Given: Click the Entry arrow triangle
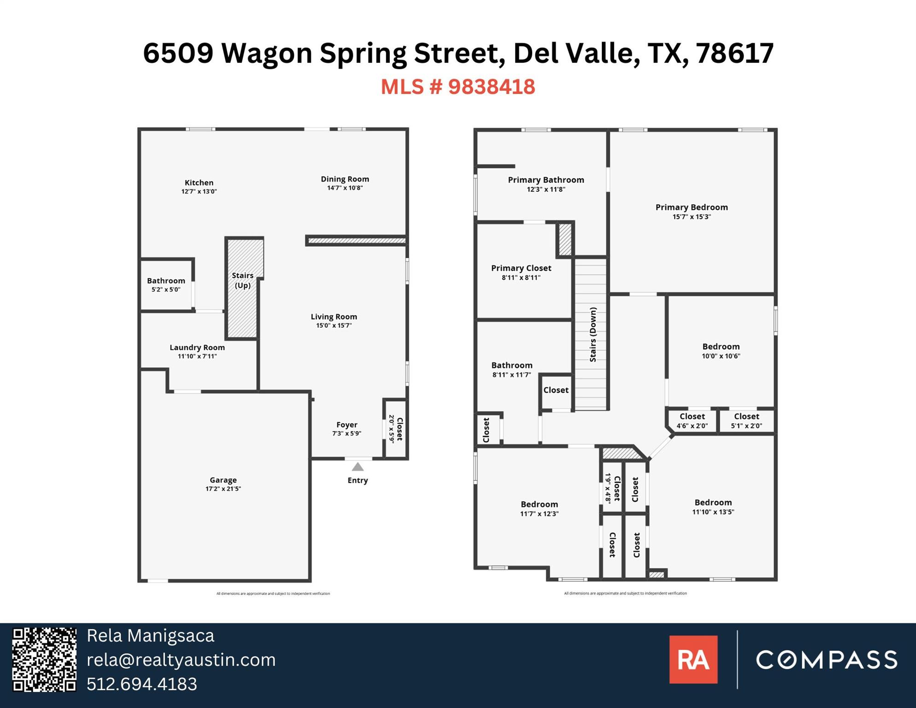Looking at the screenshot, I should [x=358, y=467].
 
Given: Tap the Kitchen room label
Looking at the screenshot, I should [x=199, y=183].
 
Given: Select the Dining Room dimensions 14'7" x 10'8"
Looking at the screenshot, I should [x=345, y=188].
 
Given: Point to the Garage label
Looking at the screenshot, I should [x=223, y=480].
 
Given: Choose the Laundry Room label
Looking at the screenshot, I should [x=197, y=348].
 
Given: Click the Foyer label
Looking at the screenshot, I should [x=346, y=425].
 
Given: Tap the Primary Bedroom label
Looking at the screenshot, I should [x=691, y=207].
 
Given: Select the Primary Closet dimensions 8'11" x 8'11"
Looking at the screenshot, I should [x=521, y=277].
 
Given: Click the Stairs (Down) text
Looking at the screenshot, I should [x=593, y=334].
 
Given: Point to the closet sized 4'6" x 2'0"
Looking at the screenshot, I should [x=692, y=420].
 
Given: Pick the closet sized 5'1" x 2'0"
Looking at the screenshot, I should [x=746, y=420].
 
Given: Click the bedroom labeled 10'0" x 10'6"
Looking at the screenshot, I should [x=721, y=351].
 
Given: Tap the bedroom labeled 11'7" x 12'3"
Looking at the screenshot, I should [x=539, y=508].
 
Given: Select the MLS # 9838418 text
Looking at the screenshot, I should [x=458, y=87].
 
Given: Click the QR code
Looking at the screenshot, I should [x=44, y=660].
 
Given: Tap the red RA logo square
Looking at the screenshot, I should [x=693, y=660].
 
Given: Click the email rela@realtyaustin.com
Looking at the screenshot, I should [x=181, y=660].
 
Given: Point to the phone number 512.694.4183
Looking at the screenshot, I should [x=142, y=684].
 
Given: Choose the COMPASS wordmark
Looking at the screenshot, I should [x=827, y=660].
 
